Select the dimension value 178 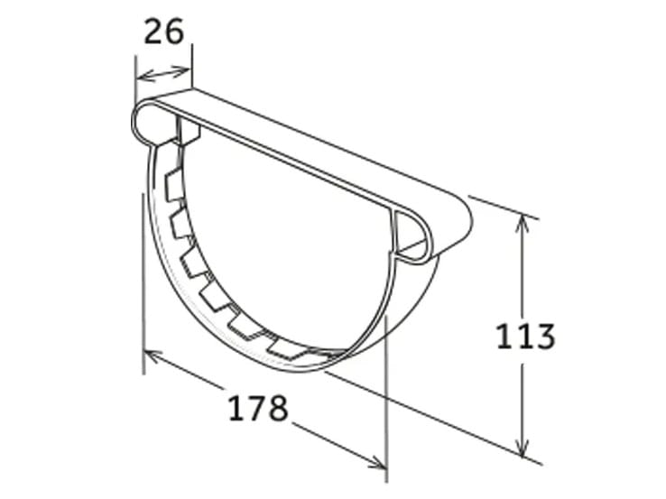tap(257, 408)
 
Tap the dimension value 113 tap(525, 337)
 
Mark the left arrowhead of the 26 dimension tap(140, 78)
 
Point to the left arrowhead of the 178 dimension tap(150, 356)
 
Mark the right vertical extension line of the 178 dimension tap(385, 397)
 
